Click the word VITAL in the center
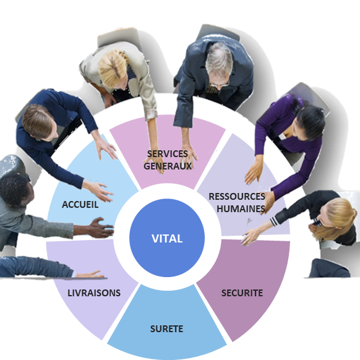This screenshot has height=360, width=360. (167, 239)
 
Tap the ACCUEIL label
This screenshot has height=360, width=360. (80, 205)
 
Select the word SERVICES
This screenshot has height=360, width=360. (168, 154)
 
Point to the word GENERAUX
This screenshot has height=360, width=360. (168, 166)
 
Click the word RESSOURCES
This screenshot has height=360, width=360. (237, 197)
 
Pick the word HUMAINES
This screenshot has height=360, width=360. (241, 208)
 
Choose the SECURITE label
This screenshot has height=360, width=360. (242, 293)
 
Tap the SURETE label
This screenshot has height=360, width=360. (166, 329)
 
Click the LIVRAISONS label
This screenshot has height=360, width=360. (94, 293)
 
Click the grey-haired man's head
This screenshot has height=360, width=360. (218, 64)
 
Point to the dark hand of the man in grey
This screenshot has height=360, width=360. (101, 228)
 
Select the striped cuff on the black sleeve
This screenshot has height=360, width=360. (274, 221)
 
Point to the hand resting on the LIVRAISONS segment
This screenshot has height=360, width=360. (90, 274)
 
